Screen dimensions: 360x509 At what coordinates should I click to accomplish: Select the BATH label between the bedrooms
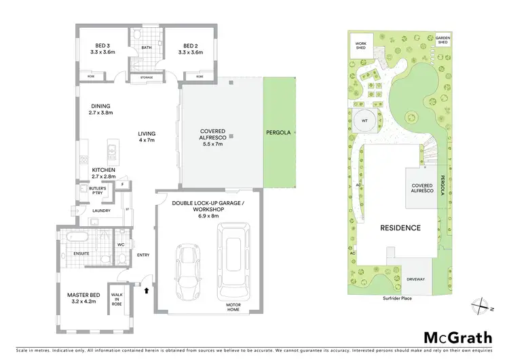click(x=147, y=48)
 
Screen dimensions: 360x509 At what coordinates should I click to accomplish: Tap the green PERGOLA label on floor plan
click(x=279, y=133)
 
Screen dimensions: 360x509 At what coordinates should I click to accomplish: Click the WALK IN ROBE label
click(x=116, y=298)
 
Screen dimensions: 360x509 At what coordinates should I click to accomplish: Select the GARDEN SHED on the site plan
click(x=443, y=41)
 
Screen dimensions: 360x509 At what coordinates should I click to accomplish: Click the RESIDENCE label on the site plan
click(x=400, y=228)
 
